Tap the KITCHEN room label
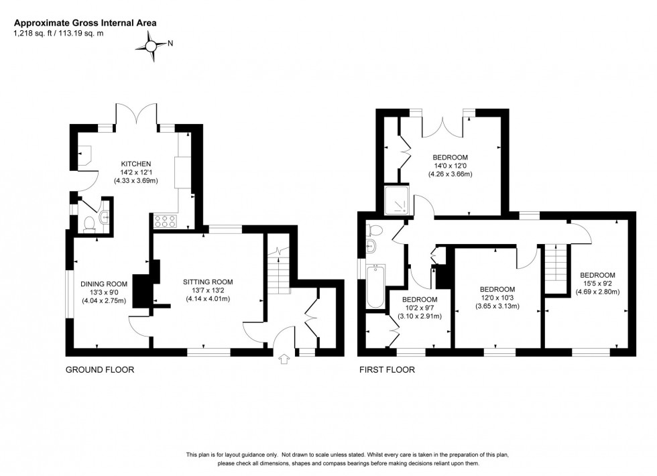point(136,164)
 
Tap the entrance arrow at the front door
point(283,360)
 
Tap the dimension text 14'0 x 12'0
point(450,166)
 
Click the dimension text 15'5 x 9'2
point(597,284)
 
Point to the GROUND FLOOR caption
point(99,369)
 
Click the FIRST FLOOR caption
point(387,369)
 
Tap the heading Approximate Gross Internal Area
point(84,23)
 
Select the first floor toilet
point(374,232)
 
